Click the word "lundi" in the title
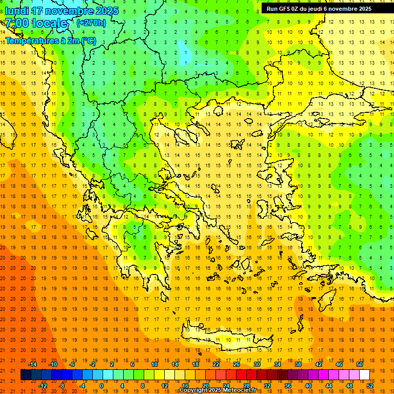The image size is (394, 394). point(16,11)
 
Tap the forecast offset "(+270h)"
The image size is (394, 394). point(91,23)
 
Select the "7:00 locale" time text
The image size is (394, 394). point(36,23)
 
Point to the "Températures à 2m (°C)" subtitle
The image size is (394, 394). point(51,40)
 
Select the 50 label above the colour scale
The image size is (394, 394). point(359,364)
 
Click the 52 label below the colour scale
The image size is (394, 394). point(369,385)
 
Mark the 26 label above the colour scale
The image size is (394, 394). point(237,364)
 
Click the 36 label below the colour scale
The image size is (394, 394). point(287,385)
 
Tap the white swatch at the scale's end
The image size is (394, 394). point(364,375)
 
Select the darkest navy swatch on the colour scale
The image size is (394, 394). point(26,375)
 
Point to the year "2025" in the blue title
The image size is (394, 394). point(108,11)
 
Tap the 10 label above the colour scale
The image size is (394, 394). point(154,364)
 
